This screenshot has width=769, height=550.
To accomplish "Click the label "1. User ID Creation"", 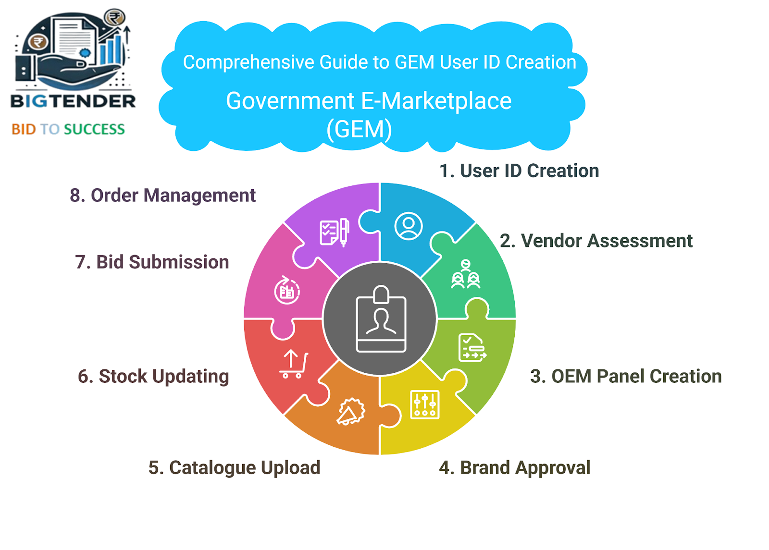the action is (x=519, y=171).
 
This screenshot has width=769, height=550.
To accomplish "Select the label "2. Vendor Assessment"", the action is (x=596, y=241).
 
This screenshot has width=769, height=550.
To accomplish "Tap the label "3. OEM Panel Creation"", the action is (x=626, y=376).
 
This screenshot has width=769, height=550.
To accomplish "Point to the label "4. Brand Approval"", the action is (x=515, y=468).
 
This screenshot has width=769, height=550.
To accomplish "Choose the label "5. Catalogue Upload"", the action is (x=234, y=468).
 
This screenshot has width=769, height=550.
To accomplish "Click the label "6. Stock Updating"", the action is (x=153, y=377).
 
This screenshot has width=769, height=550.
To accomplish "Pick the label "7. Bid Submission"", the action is (x=152, y=262).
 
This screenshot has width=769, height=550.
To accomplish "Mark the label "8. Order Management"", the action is (x=163, y=196).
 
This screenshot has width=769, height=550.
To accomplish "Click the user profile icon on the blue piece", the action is (x=408, y=226).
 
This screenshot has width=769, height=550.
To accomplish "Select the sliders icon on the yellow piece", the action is (x=425, y=405).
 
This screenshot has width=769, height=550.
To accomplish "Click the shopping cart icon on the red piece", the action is (x=294, y=364).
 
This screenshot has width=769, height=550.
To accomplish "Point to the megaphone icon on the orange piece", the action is (x=350, y=411).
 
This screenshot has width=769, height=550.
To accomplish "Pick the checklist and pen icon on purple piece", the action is (x=335, y=232).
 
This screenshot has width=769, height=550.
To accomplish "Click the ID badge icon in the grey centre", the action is (x=381, y=319).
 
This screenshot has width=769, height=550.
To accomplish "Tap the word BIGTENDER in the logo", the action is (x=73, y=101).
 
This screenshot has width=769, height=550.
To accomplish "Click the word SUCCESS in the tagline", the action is (x=94, y=129).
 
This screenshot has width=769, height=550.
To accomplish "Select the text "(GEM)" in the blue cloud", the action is (x=359, y=130).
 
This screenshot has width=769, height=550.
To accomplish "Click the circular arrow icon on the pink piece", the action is (x=287, y=290).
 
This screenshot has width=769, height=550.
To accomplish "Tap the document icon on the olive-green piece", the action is (x=472, y=348).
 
